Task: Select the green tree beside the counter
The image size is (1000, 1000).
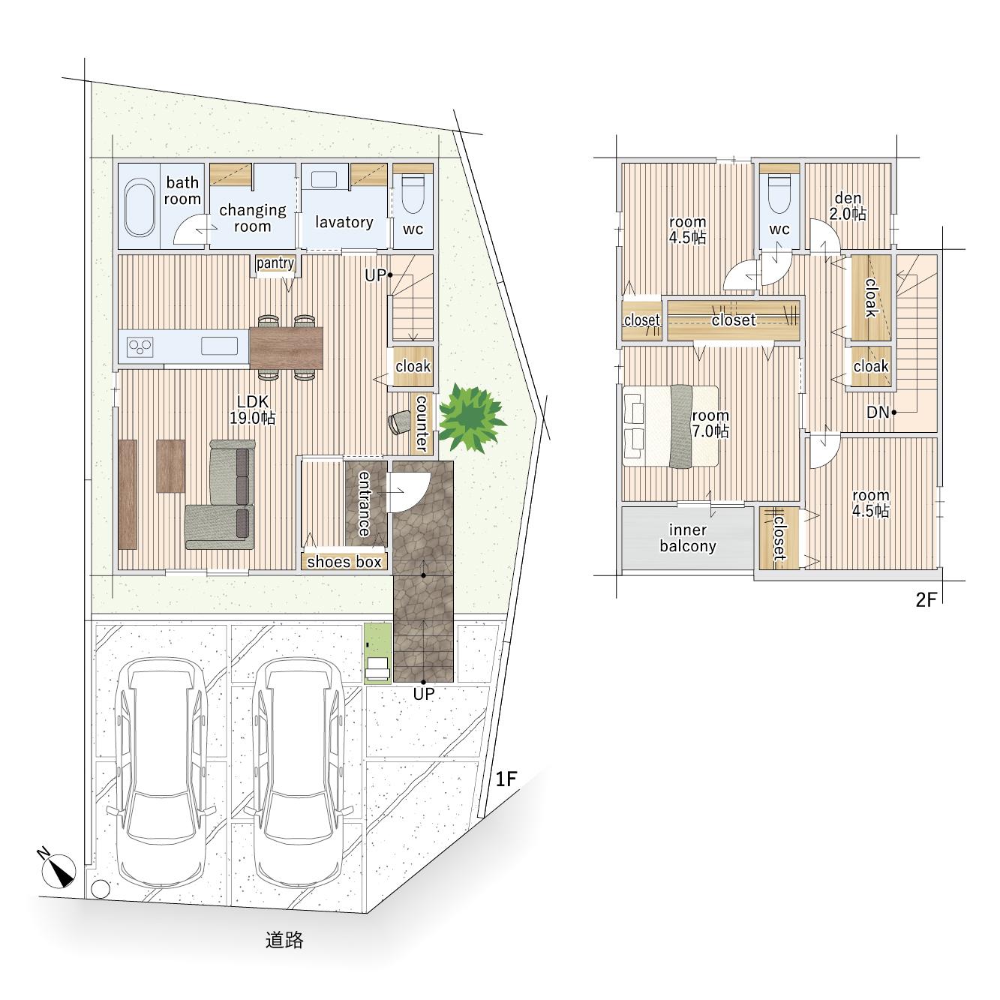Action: click(471, 418)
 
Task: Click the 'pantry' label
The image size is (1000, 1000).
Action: click(275, 263)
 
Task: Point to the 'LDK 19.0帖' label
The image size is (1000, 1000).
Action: click(253, 410)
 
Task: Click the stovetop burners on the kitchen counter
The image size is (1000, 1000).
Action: click(140, 347)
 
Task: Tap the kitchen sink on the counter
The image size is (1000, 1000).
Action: click(220, 346)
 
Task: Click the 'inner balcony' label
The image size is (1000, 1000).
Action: click(688, 538)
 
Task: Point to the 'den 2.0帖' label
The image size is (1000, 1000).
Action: click(848, 206)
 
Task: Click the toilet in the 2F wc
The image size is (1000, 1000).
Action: click(779, 194)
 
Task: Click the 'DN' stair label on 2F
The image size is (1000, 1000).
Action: click(878, 412)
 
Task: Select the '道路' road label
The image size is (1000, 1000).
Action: click(284, 940)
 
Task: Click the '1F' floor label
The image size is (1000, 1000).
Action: click(506, 779)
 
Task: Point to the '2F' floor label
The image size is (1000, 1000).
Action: click(926, 599)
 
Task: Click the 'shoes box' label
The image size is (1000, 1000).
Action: click(344, 561)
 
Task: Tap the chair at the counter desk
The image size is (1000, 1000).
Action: click(399, 422)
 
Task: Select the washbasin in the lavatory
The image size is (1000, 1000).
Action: click(324, 180)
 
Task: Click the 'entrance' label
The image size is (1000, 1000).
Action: click(365, 503)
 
